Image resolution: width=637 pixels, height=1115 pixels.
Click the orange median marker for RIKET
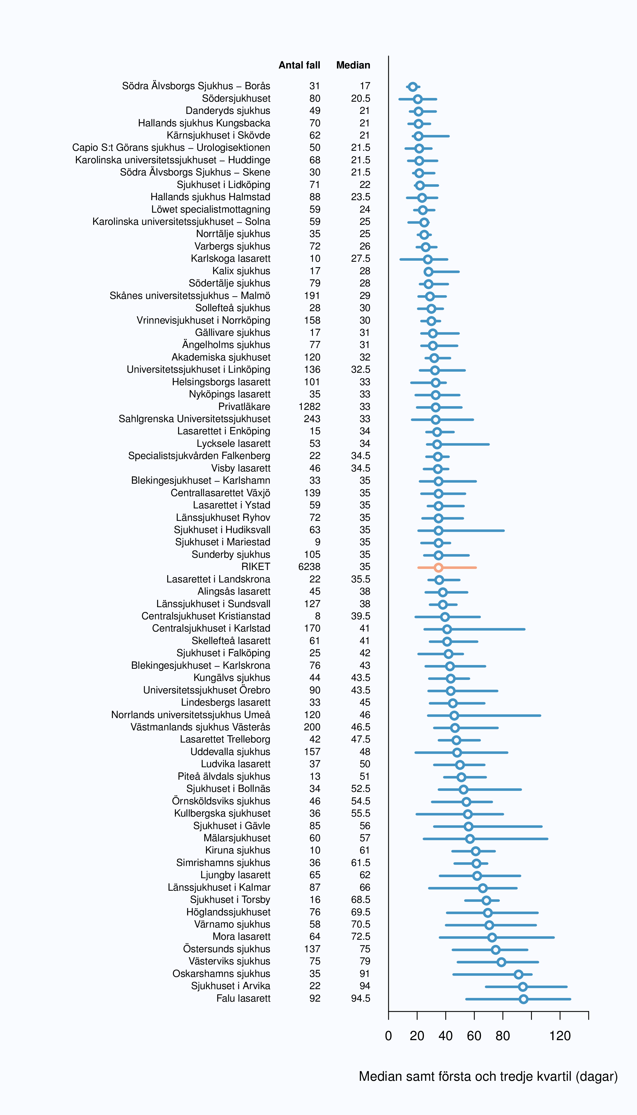point(438,568)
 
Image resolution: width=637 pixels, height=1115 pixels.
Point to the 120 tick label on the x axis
point(560,1036)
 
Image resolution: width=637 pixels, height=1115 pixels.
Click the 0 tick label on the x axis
point(389,1036)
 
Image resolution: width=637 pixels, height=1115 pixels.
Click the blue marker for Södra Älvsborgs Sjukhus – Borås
point(412,87)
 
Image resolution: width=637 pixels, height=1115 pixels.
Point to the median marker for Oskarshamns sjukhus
point(518,975)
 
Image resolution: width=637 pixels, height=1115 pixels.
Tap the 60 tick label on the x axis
point(474,1036)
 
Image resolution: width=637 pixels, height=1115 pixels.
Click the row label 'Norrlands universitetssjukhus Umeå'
point(191,715)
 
